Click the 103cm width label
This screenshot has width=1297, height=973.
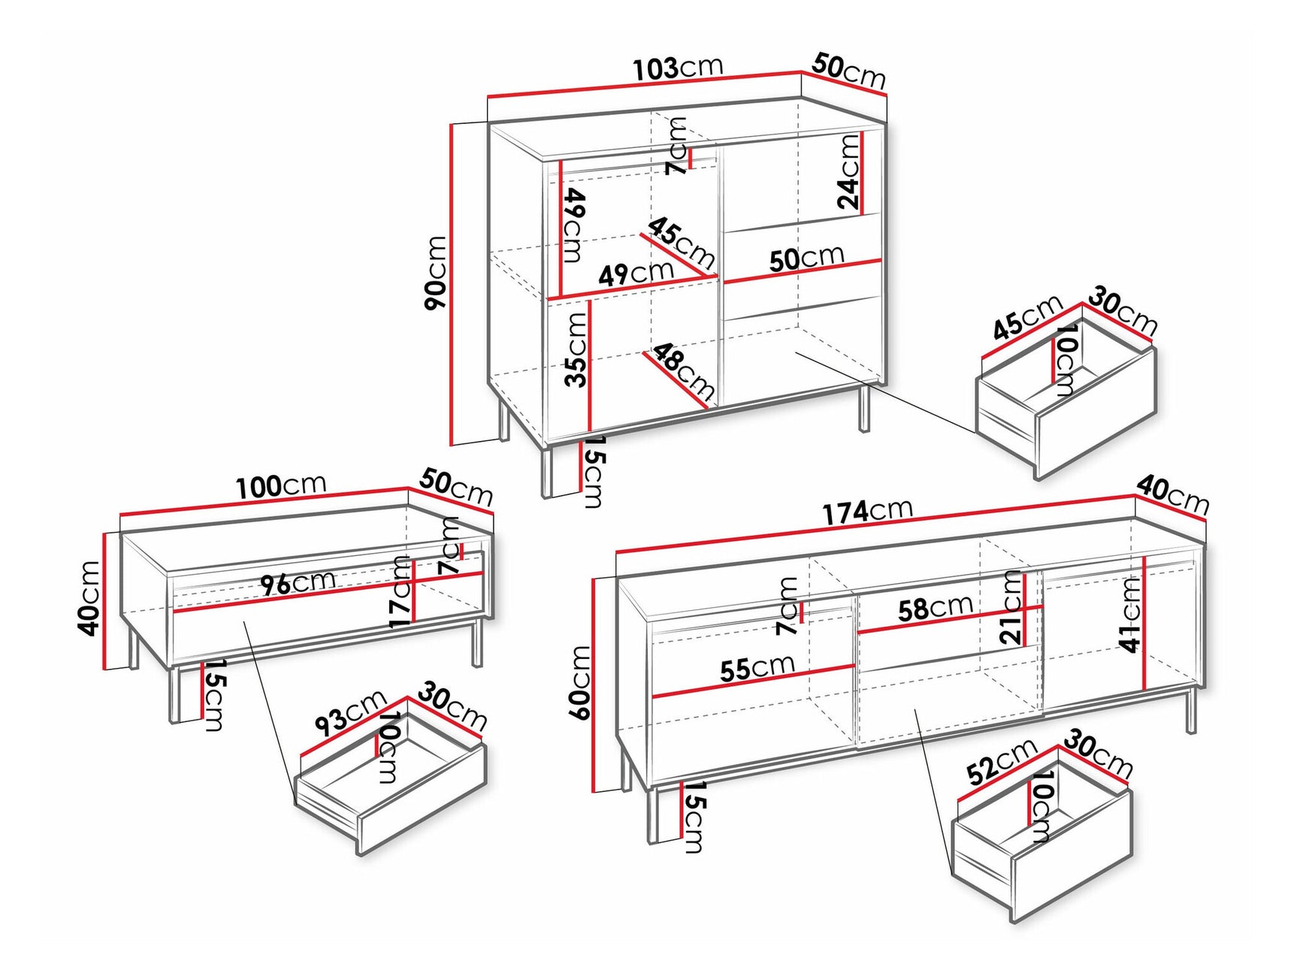pyautogui.click(x=678, y=68)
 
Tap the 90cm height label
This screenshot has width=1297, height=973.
pyautogui.click(x=436, y=272)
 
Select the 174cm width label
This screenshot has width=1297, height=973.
pyautogui.click(x=867, y=512)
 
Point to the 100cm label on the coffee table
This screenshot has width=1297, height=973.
pyautogui.click(x=280, y=486)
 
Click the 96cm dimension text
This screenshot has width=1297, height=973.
pyautogui.click(x=298, y=582)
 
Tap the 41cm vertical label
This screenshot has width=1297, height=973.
pyautogui.click(x=1130, y=614)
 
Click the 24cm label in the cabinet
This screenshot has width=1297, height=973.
pyautogui.click(x=848, y=171)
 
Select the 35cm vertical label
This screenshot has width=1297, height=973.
pyautogui.click(x=576, y=349)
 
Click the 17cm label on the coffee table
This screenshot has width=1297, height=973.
pyautogui.click(x=401, y=592)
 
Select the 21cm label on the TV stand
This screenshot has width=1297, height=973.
pyautogui.click(x=1013, y=607)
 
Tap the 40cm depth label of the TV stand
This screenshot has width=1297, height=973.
pyautogui.click(x=1172, y=494)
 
